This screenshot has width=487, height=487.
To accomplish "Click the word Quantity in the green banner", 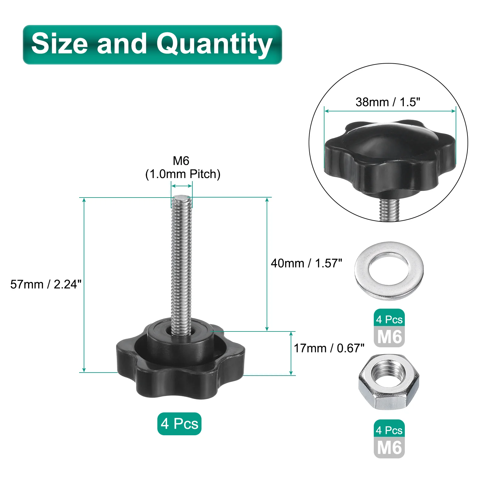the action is (x=214, y=44).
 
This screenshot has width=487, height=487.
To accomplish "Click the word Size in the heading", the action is (x=60, y=44).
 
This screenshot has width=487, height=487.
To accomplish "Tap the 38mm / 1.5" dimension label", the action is (x=388, y=102).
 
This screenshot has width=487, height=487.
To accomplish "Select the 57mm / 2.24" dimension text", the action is (x=46, y=284).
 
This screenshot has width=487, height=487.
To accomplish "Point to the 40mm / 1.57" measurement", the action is (x=307, y=263).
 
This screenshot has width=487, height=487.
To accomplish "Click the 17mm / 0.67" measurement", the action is (x=329, y=348).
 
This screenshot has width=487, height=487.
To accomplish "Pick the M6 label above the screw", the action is (x=181, y=161).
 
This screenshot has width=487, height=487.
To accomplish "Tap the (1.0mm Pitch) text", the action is (x=183, y=174).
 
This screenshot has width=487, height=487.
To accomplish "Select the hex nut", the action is (x=389, y=382).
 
